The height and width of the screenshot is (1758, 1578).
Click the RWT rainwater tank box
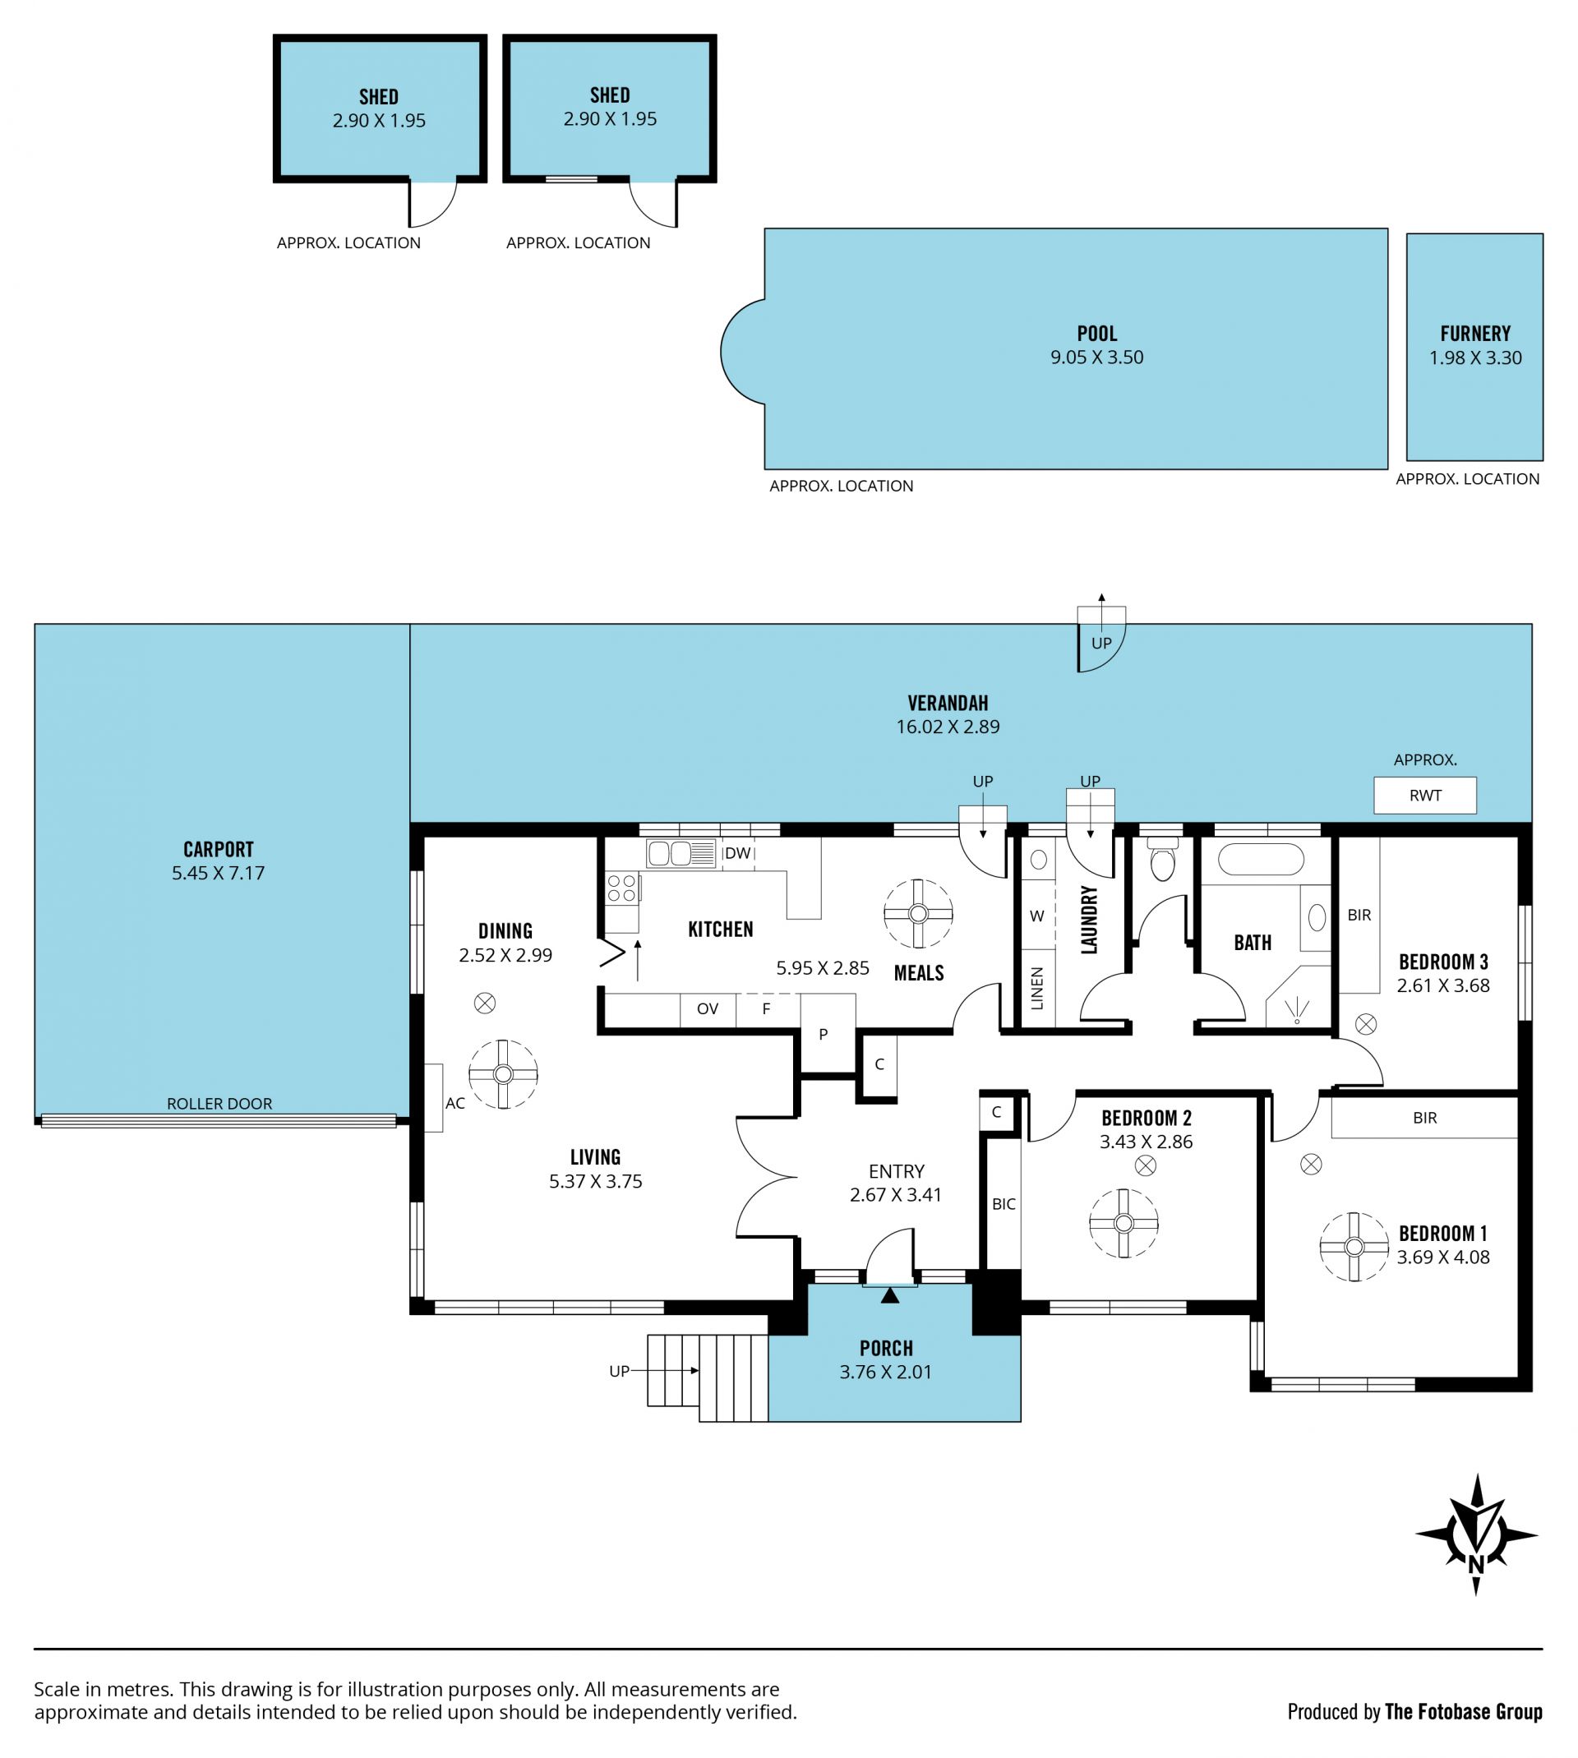click(x=1424, y=795)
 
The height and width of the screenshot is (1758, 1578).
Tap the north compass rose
click(x=1477, y=1535)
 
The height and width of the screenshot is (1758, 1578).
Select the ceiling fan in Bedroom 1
click(x=1354, y=1247)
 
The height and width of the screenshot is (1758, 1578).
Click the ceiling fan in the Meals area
click(x=918, y=914)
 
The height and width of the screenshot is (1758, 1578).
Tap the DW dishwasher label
click(x=737, y=853)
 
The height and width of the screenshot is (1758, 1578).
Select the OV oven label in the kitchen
click(x=708, y=1008)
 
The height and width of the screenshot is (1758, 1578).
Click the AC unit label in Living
click(x=455, y=1104)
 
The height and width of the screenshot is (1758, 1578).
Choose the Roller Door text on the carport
click(x=219, y=1104)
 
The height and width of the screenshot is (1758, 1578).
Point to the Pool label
click(x=1097, y=333)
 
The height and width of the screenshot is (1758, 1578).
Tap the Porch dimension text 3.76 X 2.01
click(x=885, y=1372)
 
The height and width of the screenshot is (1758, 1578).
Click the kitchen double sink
click(x=680, y=853)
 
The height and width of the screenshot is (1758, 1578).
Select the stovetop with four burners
click(x=621, y=888)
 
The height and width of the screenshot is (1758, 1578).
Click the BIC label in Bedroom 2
click(x=1004, y=1203)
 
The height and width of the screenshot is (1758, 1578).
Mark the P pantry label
click(x=823, y=1034)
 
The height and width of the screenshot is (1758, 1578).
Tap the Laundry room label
click(x=1089, y=919)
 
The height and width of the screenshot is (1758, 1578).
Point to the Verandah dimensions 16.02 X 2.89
click(x=948, y=727)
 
